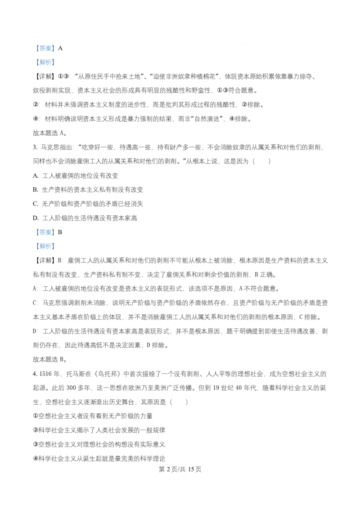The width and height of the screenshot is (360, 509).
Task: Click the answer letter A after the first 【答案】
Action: [x=60, y=49]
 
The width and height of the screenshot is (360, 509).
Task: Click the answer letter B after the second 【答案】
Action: [x=60, y=232]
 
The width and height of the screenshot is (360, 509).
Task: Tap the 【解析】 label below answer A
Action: [x=45, y=63]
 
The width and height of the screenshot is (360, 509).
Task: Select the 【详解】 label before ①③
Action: [x=45, y=76]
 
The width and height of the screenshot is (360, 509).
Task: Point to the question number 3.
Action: [x=35, y=147]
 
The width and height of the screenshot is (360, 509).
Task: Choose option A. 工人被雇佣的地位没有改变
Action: [x=76, y=176]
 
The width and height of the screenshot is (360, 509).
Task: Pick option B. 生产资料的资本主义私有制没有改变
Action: [x=88, y=190]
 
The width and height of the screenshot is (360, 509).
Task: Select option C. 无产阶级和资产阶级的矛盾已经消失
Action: [x=88, y=204]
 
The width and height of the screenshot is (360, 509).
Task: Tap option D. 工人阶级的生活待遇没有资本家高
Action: [x=85, y=218]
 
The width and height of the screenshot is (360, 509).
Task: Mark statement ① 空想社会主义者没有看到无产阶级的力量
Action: [x=93, y=416]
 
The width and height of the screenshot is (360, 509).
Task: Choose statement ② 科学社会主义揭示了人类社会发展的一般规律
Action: [x=99, y=430]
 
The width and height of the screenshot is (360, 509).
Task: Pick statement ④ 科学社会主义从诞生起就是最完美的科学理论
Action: [x=99, y=459]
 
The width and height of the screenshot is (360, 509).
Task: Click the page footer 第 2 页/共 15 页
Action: [x=180, y=469]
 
